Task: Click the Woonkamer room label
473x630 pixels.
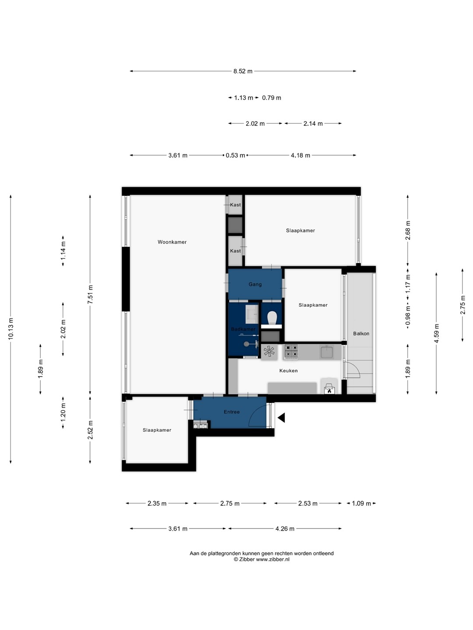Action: click(x=172, y=242)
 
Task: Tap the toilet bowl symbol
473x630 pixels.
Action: click(x=272, y=318)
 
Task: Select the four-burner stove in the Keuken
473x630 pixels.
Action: click(x=291, y=352)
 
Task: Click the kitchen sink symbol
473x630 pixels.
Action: click(x=327, y=352)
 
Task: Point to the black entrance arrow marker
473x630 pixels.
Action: click(x=281, y=418)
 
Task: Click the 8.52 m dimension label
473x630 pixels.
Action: click(x=243, y=71)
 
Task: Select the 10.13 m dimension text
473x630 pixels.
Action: click(x=11, y=329)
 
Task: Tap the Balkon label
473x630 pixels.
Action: click(x=361, y=333)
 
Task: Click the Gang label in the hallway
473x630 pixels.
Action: click(x=255, y=284)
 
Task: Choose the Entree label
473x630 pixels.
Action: click(x=232, y=412)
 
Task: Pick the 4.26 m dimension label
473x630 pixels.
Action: click(x=285, y=528)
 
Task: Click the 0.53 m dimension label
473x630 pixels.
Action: click(x=235, y=155)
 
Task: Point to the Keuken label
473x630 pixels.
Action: click(x=288, y=371)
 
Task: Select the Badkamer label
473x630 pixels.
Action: click(x=243, y=329)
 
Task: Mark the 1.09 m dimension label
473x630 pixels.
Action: click(x=361, y=504)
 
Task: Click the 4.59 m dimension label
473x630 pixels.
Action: click(x=437, y=333)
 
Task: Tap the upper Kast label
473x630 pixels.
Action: click(x=235, y=205)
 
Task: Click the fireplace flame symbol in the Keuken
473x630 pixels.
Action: click(x=329, y=390)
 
